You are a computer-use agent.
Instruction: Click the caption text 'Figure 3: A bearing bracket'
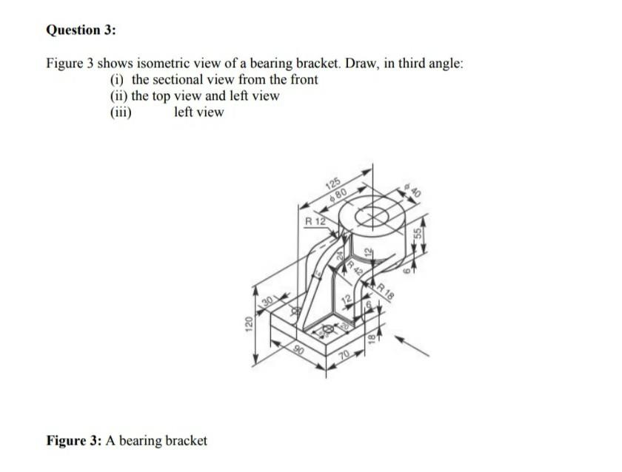pos(127,441)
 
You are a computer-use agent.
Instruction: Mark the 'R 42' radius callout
pos(352,265)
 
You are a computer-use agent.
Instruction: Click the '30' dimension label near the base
pos(270,300)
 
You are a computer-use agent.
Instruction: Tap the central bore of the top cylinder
pos(375,217)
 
